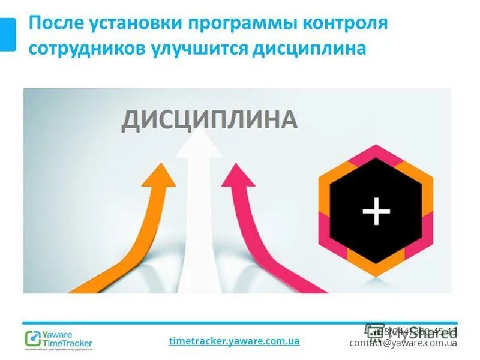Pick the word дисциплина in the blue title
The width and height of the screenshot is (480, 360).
pyautogui.click(x=310, y=48)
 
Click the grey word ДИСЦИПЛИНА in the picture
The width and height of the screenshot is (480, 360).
pyautogui.click(x=209, y=119)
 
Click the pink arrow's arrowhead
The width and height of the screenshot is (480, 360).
pyautogui.click(x=235, y=176)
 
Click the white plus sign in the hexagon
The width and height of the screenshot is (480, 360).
pyautogui.click(x=377, y=211)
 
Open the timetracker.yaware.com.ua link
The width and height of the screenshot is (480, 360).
pyautogui.click(x=234, y=341)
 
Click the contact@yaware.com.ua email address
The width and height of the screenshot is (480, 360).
pyautogui.click(x=403, y=343)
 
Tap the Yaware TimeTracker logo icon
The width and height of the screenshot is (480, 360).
pyautogui.click(x=32, y=338)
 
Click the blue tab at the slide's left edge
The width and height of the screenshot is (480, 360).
pyautogui.click(x=8, y=34)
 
